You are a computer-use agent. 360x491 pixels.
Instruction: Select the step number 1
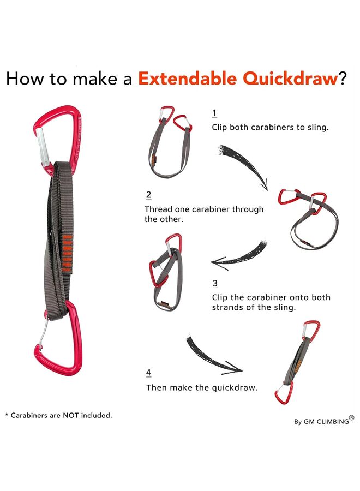coord(214,113)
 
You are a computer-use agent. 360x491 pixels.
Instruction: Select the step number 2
coord(148,195)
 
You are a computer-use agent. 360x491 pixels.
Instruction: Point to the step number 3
coord(215,284)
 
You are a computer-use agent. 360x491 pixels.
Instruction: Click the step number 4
coord(148,373)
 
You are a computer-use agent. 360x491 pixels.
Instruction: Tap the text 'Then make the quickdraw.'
coord(201,387)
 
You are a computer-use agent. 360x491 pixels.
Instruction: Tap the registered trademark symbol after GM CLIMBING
coord(352,418)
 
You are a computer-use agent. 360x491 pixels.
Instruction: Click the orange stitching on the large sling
coord(67,253)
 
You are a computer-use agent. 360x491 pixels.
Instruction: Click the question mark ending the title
coord(342,79)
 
